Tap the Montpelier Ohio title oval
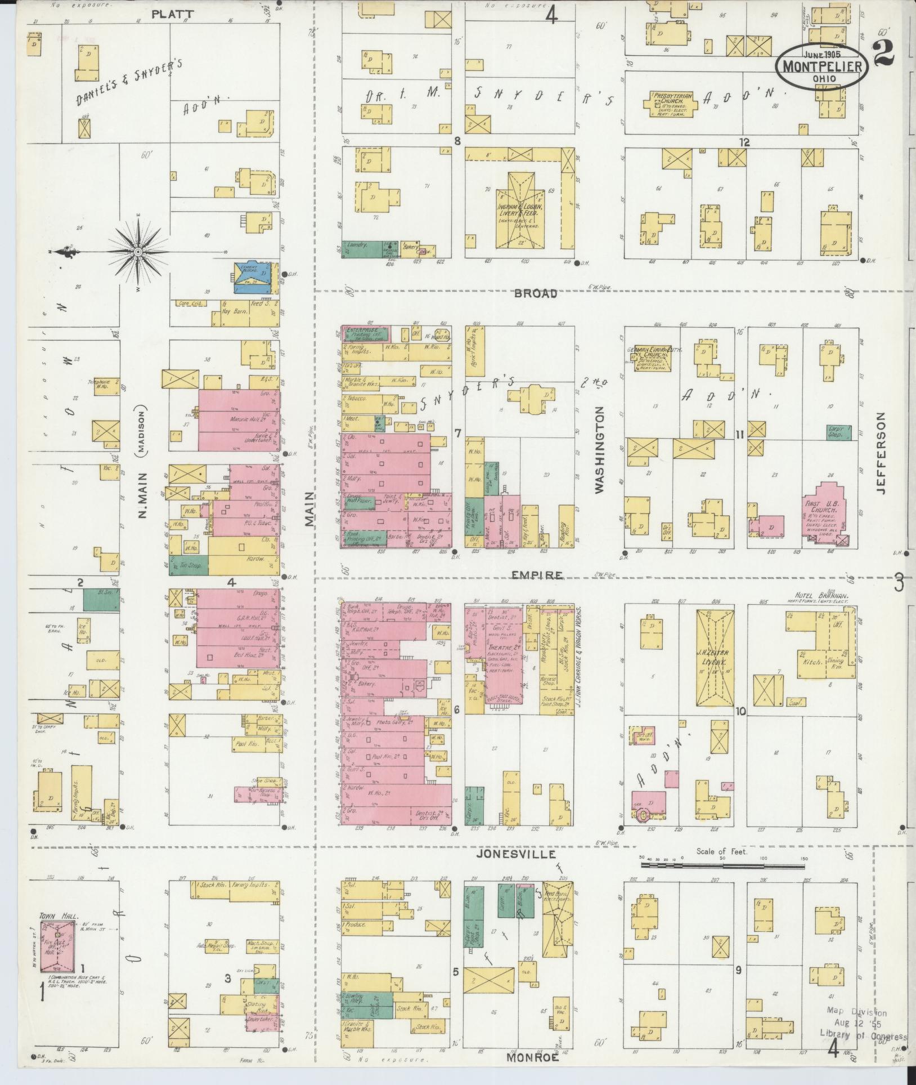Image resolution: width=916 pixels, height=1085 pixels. [822, 66]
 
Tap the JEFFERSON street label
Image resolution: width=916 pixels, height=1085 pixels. [881, 453]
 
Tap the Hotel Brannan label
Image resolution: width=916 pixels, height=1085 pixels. [821, 596]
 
